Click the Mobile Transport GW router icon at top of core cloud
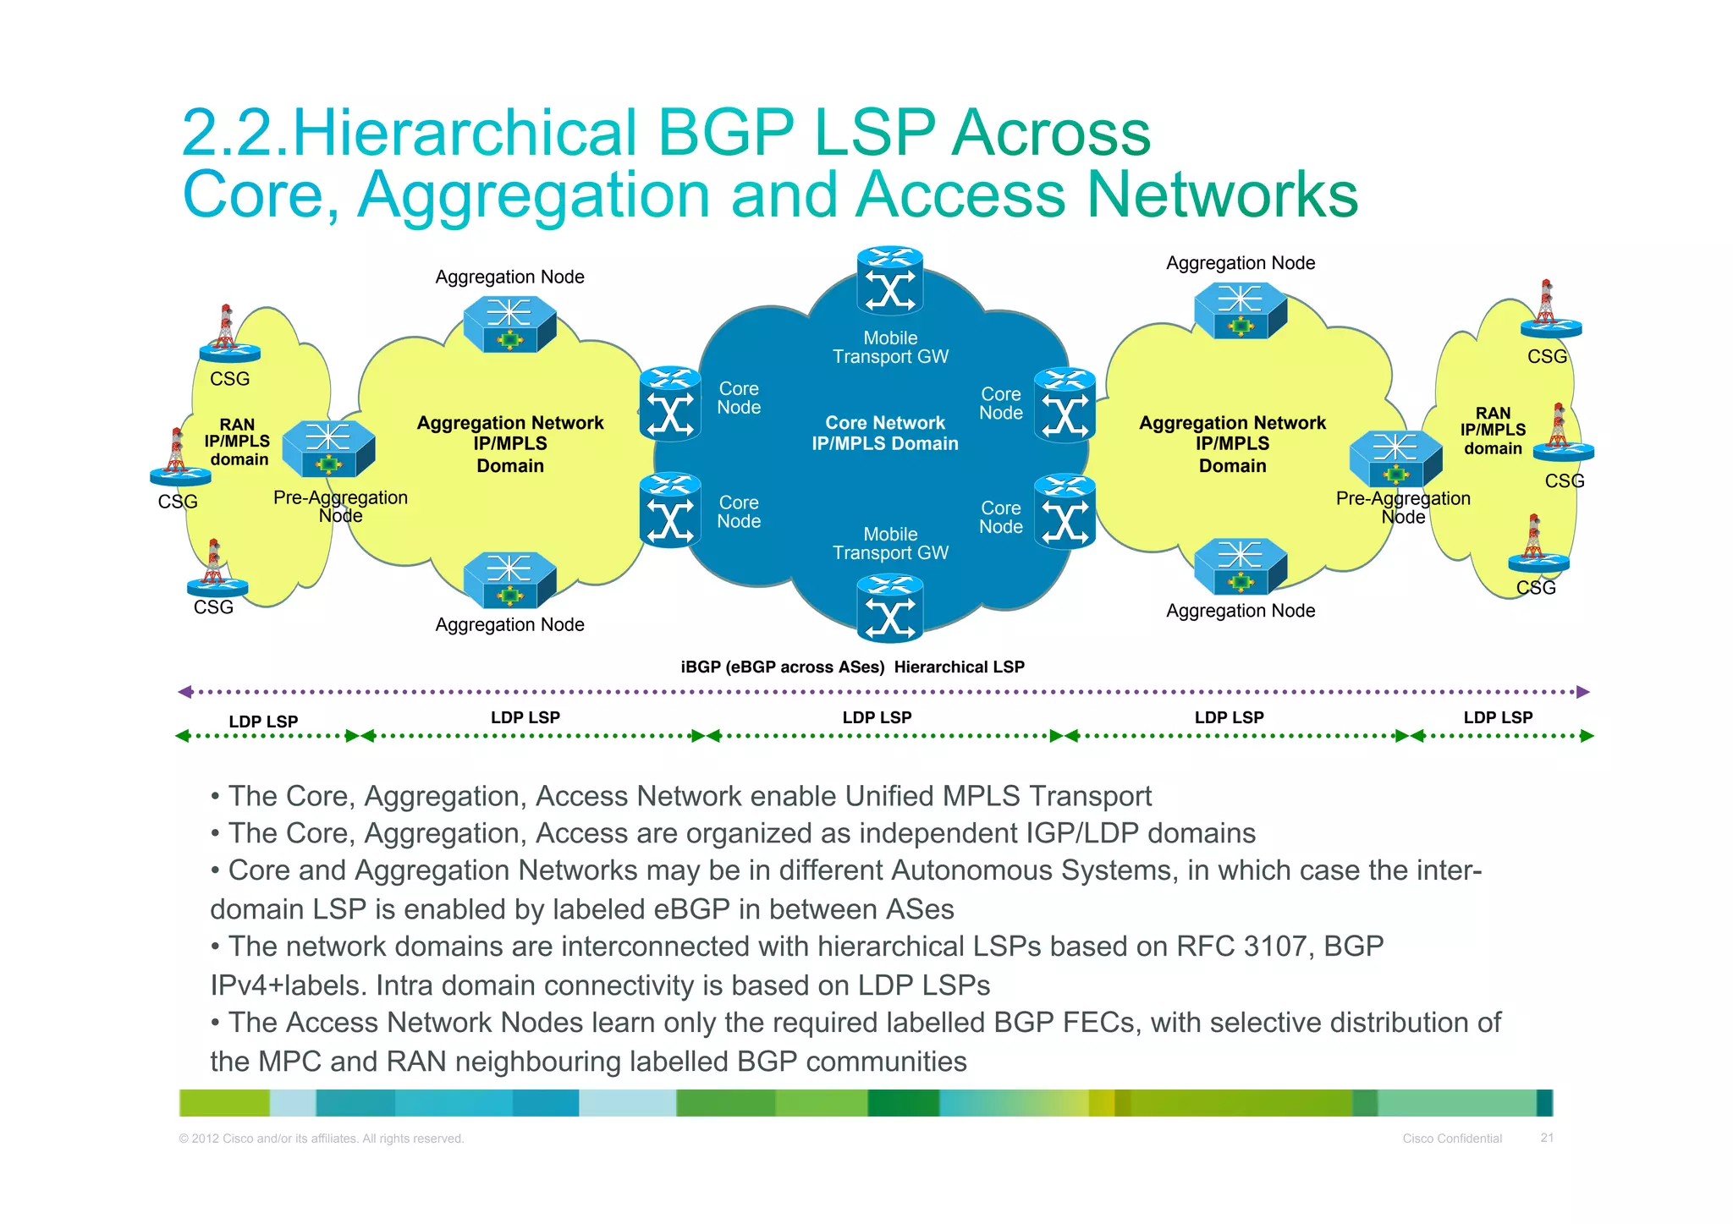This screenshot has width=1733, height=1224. (x=889, y=282)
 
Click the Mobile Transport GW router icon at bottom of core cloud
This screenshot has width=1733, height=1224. (x=889, y=607)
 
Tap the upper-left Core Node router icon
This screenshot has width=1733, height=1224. (x=670, y=403)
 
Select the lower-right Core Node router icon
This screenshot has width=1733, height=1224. (x=1065, y=512)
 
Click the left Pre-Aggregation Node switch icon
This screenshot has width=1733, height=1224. (x=328, y=449)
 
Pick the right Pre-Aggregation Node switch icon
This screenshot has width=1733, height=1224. (x=1395, y=459)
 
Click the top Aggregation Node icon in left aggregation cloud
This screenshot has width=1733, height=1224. (x=509, y=324)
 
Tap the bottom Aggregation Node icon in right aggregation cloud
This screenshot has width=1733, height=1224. (x=1241, y=566)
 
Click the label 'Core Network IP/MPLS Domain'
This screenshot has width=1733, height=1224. (x=885, y=433)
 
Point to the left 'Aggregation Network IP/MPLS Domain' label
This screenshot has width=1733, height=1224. (x=510, y=444)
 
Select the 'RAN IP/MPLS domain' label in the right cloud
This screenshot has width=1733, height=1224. (x=1493, y=431)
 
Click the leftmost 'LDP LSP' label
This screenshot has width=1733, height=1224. (x=263, y=722)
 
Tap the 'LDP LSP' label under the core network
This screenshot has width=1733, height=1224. (x=877, y=717)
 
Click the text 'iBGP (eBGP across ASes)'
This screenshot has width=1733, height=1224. (x=782, y=667)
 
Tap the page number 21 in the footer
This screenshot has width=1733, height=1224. (x=1547, y=1138)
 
